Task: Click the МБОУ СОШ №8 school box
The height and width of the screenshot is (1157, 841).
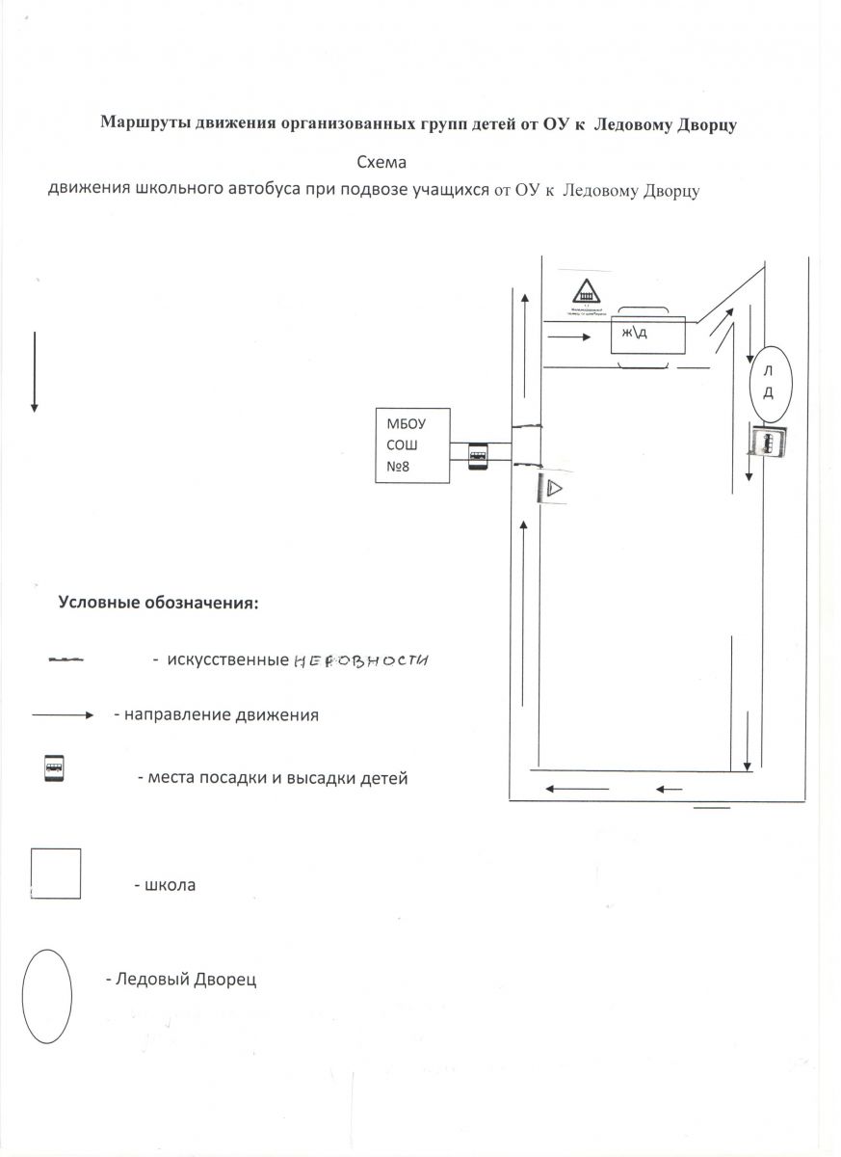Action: click(x=412, y=445)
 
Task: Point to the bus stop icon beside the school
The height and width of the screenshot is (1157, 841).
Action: click(x=478, y=456)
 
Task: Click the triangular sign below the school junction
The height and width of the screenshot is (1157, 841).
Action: click(x=553, y=489)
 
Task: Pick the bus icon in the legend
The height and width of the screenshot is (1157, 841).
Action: click(x=54, y=769)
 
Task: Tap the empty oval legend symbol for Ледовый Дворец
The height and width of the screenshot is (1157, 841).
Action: click(x=47, y=996)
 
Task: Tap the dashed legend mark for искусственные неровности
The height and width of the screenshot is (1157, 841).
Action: click(x=66, y=661)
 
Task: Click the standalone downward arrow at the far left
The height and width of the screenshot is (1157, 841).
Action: click(x=35, y=371)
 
